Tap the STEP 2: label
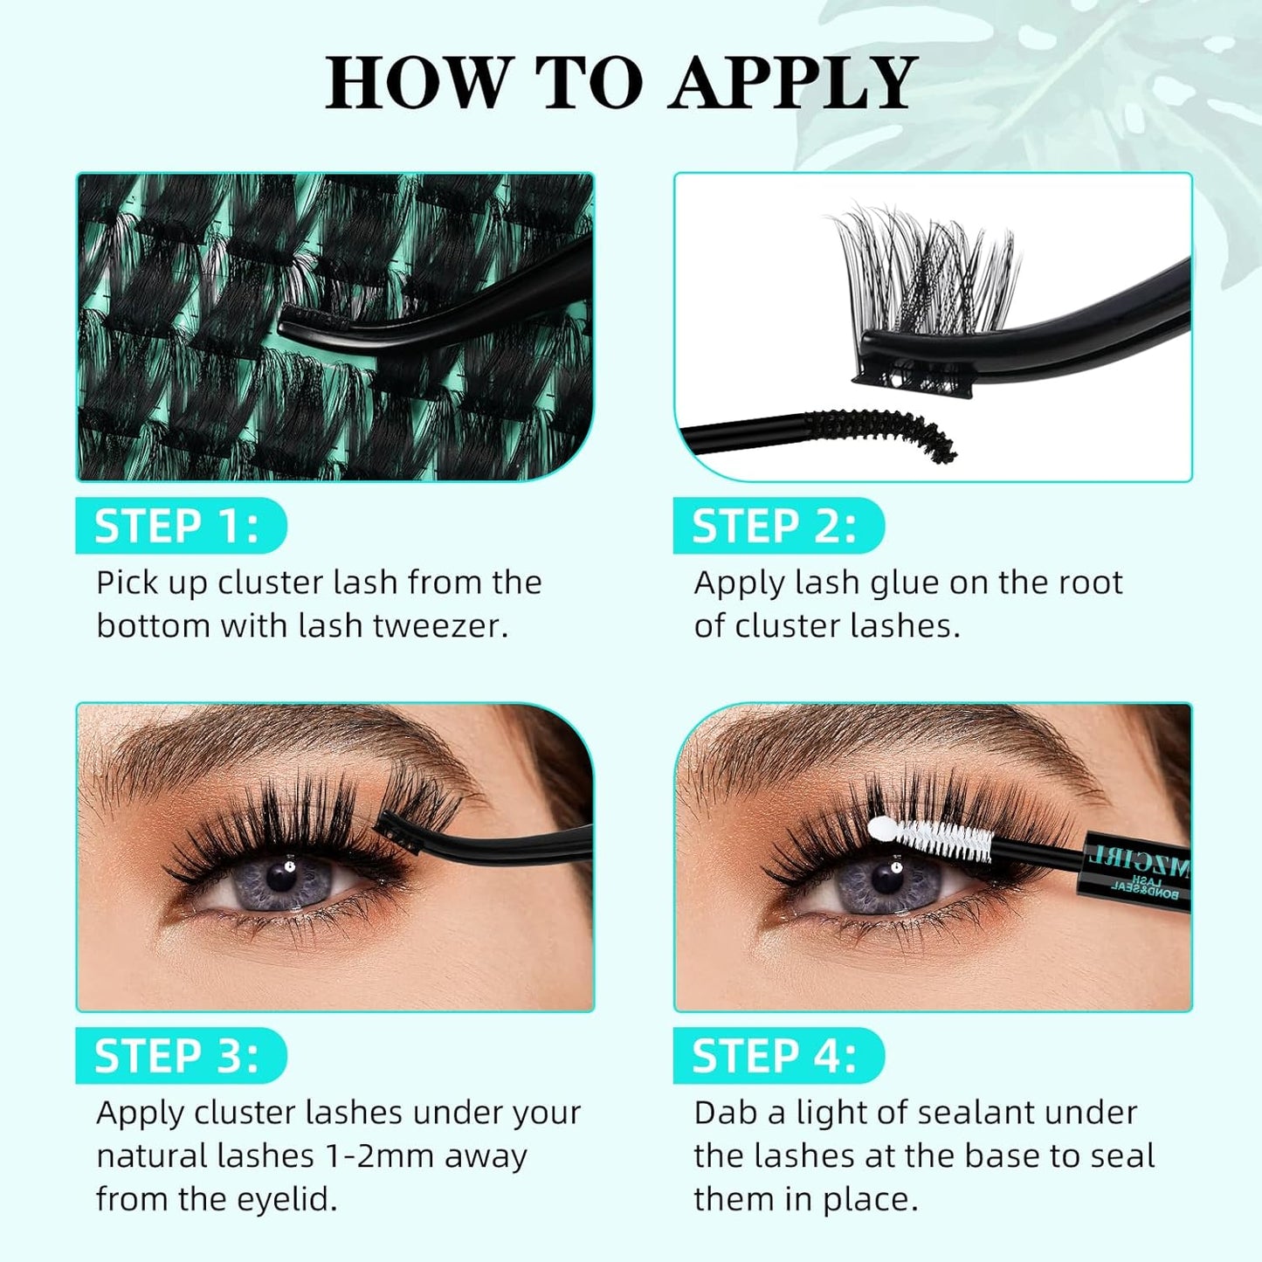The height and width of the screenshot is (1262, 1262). [775, 527]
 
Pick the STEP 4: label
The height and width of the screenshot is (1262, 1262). [775, 1056]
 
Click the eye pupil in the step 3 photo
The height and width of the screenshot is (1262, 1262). [280, 876]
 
